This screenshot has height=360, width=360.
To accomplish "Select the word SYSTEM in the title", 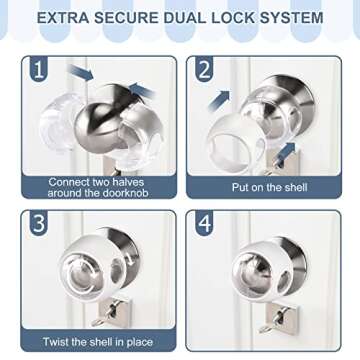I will (x=291, y=18).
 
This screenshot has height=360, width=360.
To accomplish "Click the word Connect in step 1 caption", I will (x=73, y=181).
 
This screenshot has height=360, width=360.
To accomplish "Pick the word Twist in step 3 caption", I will (x=64, y=342).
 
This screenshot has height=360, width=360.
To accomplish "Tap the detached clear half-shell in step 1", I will (x=57, y=128).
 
